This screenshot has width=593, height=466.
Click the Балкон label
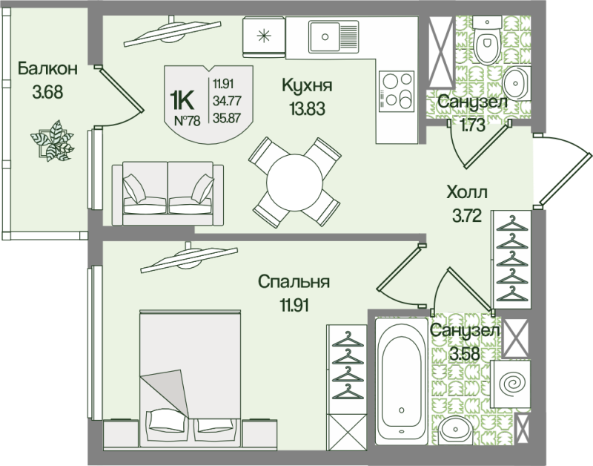point(47,69)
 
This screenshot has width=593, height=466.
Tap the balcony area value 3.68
point(47,92)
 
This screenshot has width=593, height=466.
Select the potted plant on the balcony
point(52,141)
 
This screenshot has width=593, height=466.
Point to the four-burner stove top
point(397,91)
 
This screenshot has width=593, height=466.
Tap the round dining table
point(294,183)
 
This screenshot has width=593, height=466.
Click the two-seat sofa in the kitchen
point(168,193)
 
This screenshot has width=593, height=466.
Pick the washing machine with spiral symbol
point(511,384)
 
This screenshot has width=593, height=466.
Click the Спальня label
point(294,282)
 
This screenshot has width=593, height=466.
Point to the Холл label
point(467,192)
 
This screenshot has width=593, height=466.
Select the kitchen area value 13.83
point(307,109)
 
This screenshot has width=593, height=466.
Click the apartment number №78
point(188,121)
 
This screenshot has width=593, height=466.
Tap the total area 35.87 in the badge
point(227,118)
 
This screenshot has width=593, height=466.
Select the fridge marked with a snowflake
point(264,36)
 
